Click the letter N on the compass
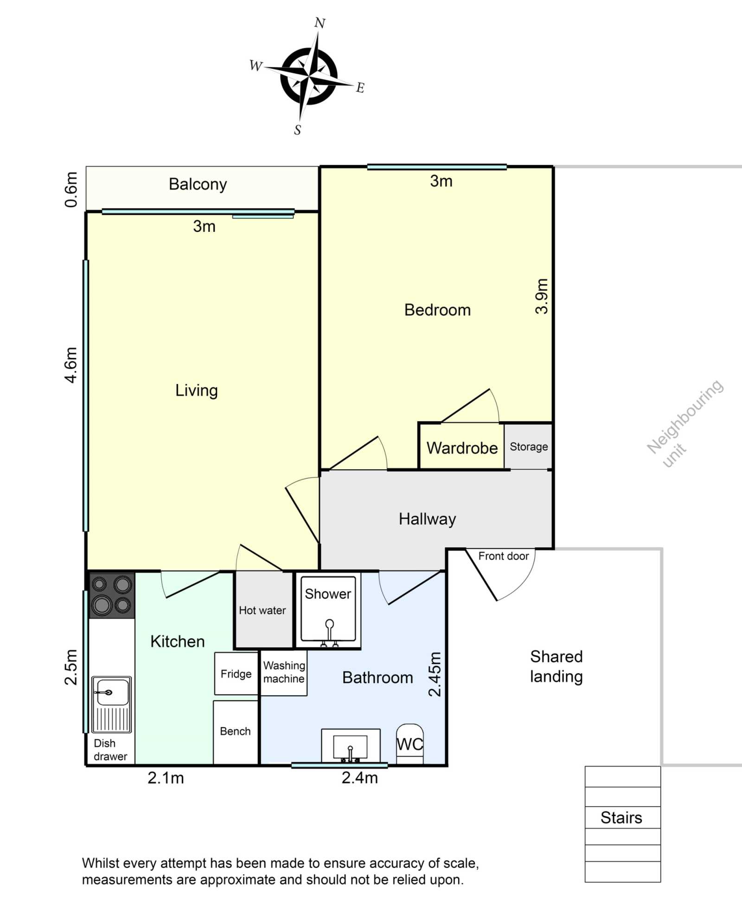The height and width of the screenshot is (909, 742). coord(320,23)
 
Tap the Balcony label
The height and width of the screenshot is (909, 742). coord(198,184)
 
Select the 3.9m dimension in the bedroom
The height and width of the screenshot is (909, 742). coord(542,296)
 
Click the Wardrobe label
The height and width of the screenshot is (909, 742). coord(462,448)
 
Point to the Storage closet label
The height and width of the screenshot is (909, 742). coord(529,447)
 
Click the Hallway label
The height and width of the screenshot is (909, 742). coord(427,519)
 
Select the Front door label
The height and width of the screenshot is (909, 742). coord(504,556)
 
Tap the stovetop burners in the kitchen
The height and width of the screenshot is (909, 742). coord(112,595)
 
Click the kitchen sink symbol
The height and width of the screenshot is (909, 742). coord(111,704)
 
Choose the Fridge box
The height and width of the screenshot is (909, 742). coord(236,673)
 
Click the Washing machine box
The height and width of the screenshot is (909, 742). coord(284,672)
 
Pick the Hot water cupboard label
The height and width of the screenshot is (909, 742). coord(262,610)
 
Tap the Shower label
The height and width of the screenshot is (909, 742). coord(328,594)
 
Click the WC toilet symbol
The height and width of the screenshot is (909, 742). coord(410,743)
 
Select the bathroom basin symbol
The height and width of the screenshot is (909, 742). coord(351,746)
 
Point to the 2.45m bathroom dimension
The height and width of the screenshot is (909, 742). coord(435,674)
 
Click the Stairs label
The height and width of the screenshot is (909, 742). coord(621,818)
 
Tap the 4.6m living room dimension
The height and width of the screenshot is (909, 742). coord(70,365)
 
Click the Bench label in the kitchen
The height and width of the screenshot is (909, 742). coord(235,731)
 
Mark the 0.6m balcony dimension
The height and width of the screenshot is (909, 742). coord(70,190)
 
